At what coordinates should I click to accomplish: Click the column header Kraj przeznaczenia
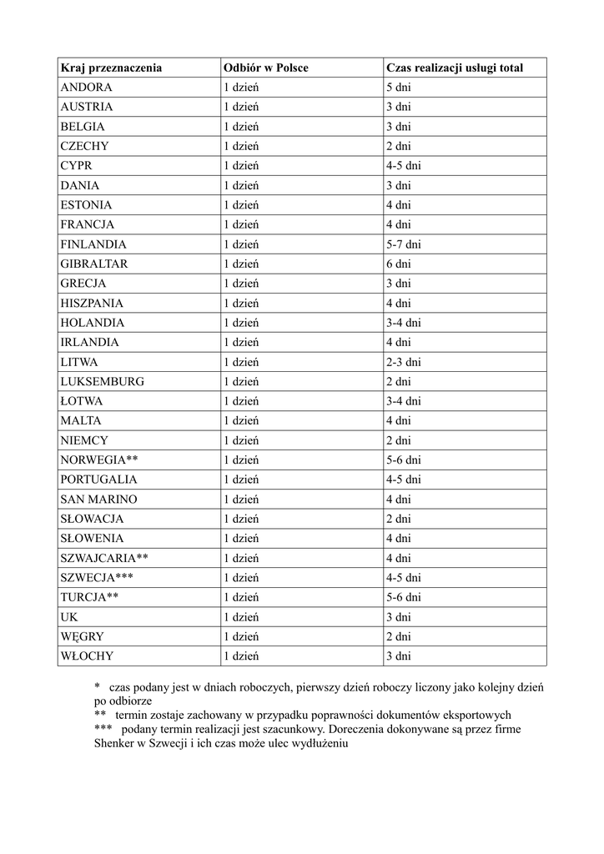[x=111, y=68]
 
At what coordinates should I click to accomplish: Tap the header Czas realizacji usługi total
[x=455, y=68]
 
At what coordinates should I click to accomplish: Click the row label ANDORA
[x=86, y=87]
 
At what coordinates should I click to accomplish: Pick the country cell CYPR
[x=76, y=165]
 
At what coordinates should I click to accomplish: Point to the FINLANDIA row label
[x=93, y=244]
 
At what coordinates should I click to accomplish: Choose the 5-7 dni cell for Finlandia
[x=403, y=244]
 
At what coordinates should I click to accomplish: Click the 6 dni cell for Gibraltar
[x=398, y=264]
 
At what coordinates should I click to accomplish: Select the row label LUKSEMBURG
[x=102, y=381]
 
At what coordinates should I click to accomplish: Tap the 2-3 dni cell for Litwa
[x=403, y=362]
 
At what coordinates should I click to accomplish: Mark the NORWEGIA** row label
[x=98, y=460]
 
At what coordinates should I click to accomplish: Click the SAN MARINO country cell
[x=98, y=499]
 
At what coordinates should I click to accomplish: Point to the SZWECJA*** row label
[x=96, y=577]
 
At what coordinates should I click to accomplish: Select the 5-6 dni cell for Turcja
[x=403, y=597]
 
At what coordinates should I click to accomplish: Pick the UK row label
[x=68, y=616]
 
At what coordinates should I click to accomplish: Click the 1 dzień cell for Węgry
[x=240, y=636]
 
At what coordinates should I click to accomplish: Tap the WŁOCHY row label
[x=86, y=656]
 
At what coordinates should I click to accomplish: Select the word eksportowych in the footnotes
[x=473, y=715]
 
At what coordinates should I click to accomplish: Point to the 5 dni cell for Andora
[x=398, y=87]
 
